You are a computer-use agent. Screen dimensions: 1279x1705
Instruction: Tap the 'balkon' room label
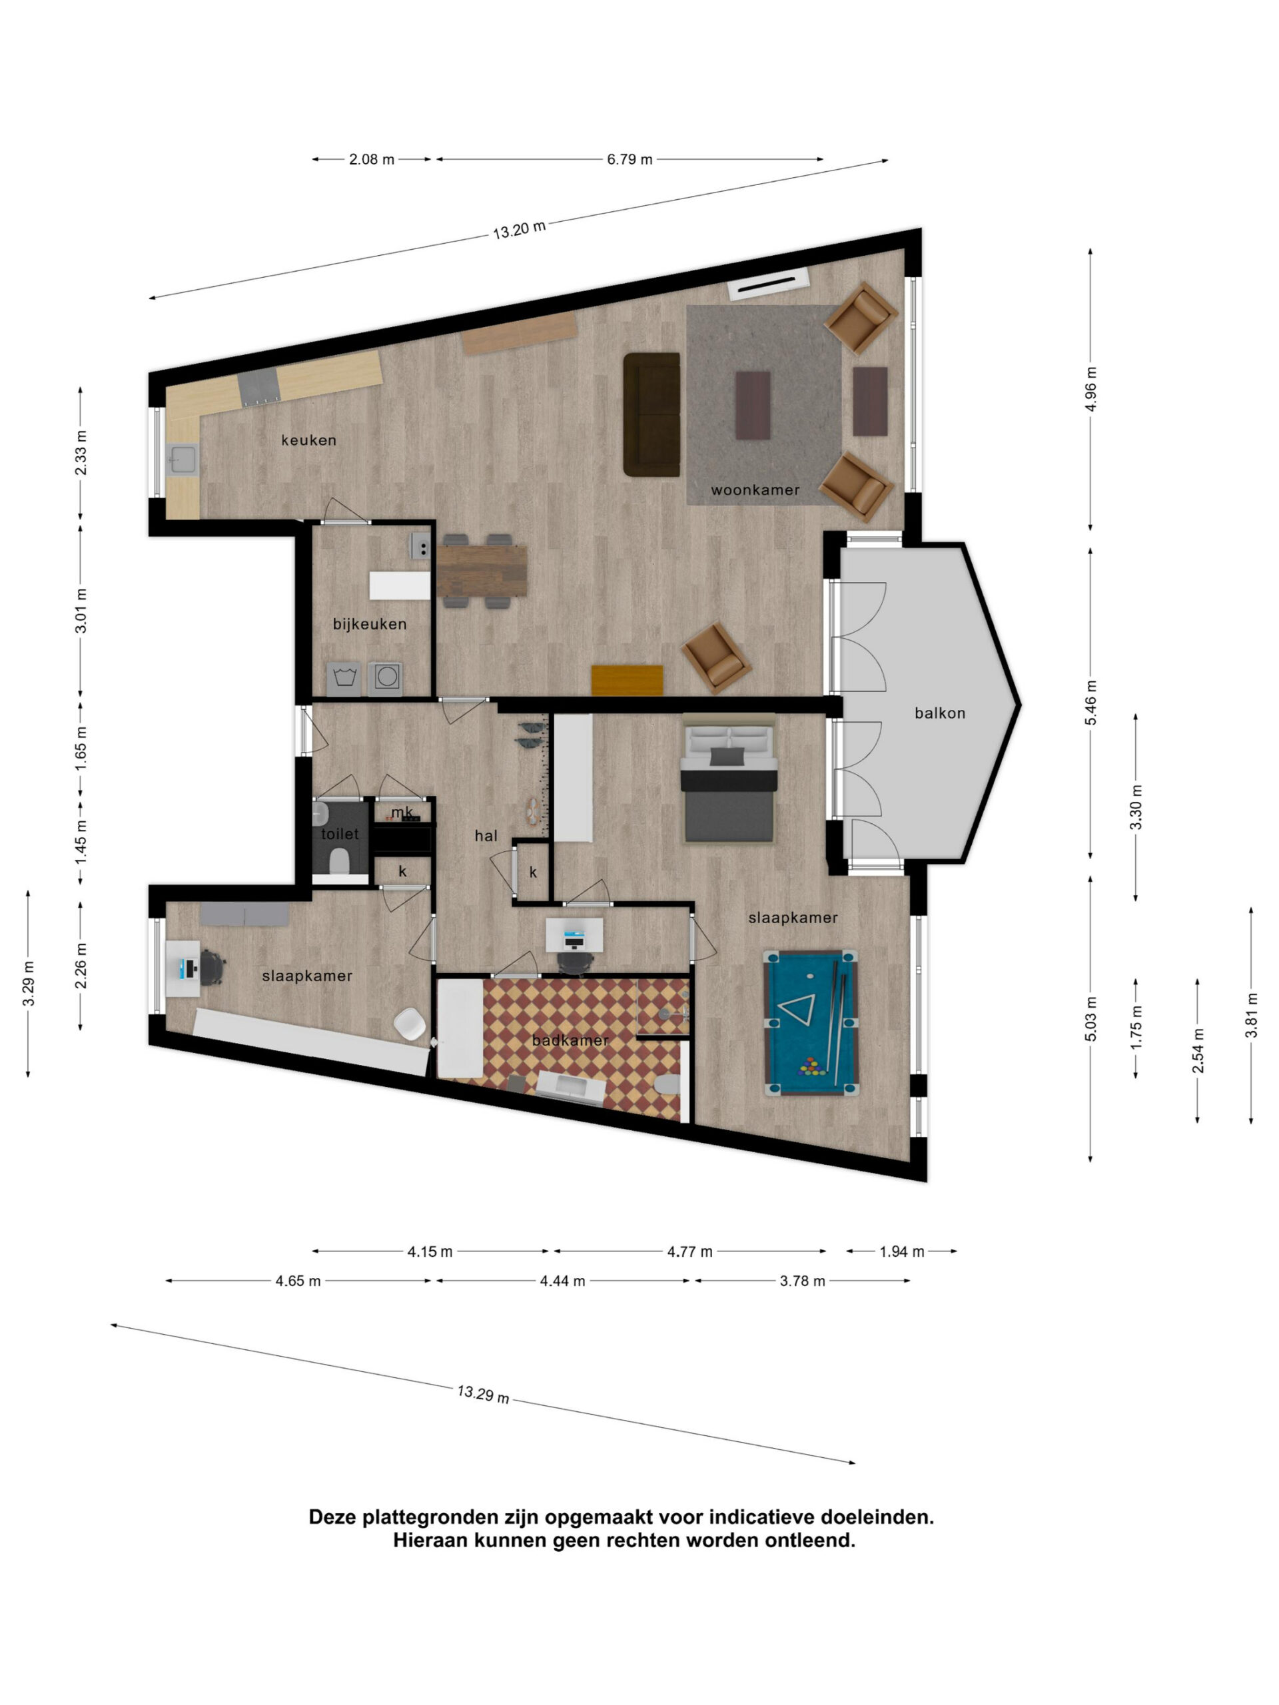coord(940,714)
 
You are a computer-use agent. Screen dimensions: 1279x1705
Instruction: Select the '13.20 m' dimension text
coord(520,229)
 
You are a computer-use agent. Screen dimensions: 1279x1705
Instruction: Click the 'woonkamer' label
coord(755,490)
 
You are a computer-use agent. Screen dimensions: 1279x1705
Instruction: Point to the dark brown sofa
coord(651,415)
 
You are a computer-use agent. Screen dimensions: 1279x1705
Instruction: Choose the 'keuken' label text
coord(308,441)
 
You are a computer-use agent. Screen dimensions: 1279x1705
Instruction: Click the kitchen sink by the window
coord(182,460)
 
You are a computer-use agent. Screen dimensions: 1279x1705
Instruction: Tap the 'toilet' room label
coord(340,834)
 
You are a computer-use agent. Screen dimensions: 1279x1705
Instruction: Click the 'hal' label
coord(486,836)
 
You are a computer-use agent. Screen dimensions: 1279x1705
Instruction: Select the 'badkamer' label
coord(570,1040)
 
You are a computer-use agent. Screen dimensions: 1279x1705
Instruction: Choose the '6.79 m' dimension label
coord(629,160)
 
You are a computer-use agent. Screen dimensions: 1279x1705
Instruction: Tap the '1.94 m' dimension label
coord(901,1251)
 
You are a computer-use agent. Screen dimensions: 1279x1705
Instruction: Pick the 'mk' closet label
coord(402,813)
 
